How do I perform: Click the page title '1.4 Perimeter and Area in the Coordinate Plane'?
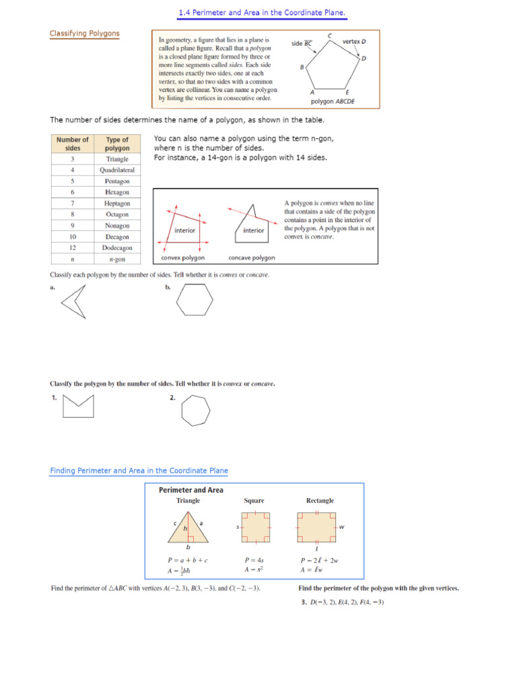click(x=262, y=13)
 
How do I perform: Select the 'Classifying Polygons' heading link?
click(x=84, y=33)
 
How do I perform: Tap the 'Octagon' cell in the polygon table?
click(x=117, y=214)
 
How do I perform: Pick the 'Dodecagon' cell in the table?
click(x=117, y=247)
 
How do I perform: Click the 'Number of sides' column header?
click(x=72, y=144)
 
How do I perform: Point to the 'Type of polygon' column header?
click(x=117, y=144)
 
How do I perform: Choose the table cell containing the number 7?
click(x=72, y=203)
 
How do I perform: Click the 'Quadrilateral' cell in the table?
click(x=117, y=170)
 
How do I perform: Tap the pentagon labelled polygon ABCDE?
click(x=333, y=66)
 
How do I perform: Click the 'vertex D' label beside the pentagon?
click(x=354, y=41)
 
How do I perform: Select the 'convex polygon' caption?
click(x=183, y=257)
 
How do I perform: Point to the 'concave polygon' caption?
click(x=252, y=257)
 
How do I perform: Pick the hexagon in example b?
click(x=195, y=301)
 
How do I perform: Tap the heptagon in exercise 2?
click(x=195, y=411)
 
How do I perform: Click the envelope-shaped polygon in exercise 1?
click(x=77, y=407)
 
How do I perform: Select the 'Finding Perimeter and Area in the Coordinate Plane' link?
click(x=139, y=470)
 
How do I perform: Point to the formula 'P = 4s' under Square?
click(x=254, y=559)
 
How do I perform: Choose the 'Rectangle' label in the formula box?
click(x=320, y=501)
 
